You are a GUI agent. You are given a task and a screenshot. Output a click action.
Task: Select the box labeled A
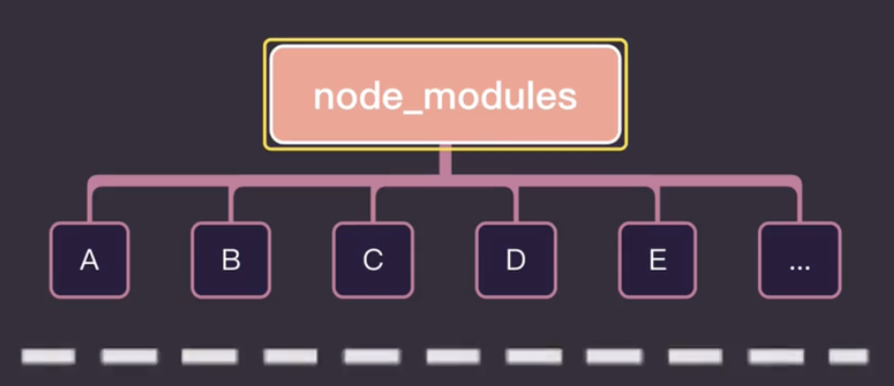click(x=89, y=260)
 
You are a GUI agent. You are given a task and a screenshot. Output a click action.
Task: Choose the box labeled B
click(x=231, y=260)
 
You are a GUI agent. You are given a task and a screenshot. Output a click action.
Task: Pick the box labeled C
click(x=373, y=260)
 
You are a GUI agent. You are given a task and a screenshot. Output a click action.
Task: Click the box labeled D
click(x=515, y=260)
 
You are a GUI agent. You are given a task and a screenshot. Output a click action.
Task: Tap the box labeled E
click(x=658, y=260)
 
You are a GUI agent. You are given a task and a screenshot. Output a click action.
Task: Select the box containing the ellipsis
click(x=799, y=260)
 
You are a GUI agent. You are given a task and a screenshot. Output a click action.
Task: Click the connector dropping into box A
click(x=90, y=203)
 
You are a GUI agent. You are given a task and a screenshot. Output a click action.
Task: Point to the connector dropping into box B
click(x=232, y=203)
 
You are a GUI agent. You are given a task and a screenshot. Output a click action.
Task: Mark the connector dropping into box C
click(x=373, y=203)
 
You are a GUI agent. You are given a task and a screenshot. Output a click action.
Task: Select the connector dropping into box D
click(x=516, y=203)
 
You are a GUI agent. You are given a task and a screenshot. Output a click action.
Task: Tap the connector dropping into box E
click(x=659, y=203)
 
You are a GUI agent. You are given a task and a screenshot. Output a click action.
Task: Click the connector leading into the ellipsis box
click(x=799, y=203)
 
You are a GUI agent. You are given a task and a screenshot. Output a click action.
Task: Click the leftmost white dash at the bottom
click(x=47, y=357)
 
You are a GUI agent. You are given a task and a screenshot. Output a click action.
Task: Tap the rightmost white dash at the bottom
click(x=848, y=357)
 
